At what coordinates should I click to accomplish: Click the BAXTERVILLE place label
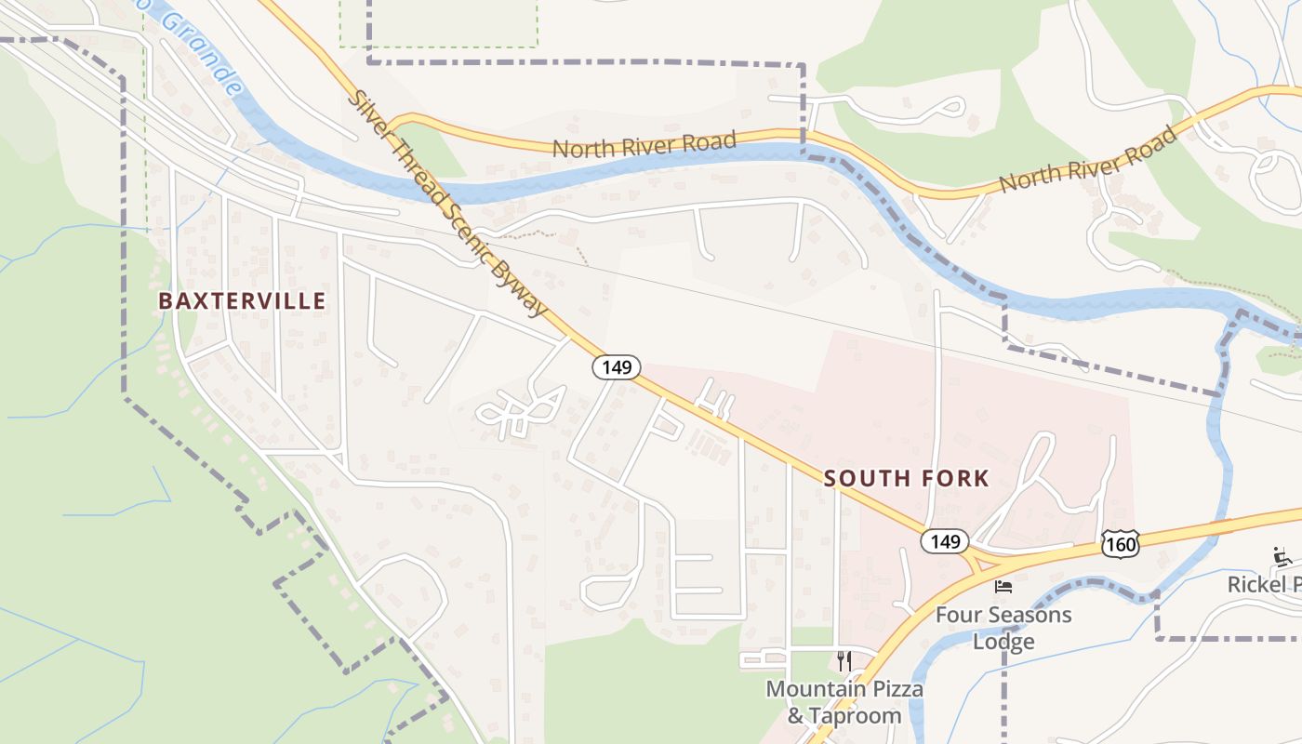point(242,301)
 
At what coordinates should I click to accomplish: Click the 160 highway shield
point(1120,544)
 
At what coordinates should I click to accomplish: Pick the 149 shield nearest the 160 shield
point(945,540)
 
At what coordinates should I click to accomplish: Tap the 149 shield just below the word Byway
point(617,367)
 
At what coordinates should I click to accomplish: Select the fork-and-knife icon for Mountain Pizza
point(844,661)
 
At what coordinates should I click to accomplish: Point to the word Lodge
point(1003,642)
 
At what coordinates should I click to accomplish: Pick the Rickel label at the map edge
point(1264,585)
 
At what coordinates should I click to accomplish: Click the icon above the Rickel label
point(1282,558)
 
